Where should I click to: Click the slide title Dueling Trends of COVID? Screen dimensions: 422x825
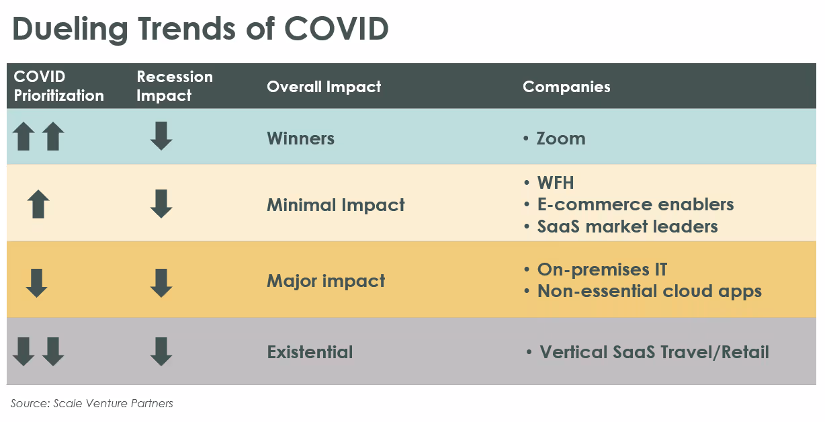pyautogui.click(x=200, y=30)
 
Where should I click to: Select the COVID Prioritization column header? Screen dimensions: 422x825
pyautogui.click(x=58, y=86)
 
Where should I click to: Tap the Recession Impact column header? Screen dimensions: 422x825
pyautogui.click(x=174, y=86)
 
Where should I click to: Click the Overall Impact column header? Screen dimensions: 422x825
pyautogui.click(x=324, y=87)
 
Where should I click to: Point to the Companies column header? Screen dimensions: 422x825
pyautogui.click(x=566, y=87)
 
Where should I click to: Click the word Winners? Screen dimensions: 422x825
pyautogui.click(x=300, y=138)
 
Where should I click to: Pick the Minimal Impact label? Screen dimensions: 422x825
pyautogui.click(x=335, y=204)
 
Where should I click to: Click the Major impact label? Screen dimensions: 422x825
pyautogui.click(x=326, y=280)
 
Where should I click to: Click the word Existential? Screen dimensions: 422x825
pyautogui.click(x=310, y=351)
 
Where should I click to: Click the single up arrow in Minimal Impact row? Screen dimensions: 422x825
pyautogui.click(x=38, y=204)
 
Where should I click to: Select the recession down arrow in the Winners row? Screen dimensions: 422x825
pyautogui.click(x=161, y=136)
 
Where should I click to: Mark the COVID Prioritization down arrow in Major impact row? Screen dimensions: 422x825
pyautogui.click(x=36, y=283)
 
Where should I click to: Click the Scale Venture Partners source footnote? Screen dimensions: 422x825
pyautogui.click(x=92, y=403)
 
